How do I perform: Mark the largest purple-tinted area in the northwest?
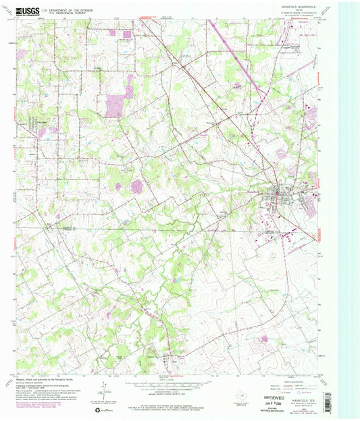coord(115,105)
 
